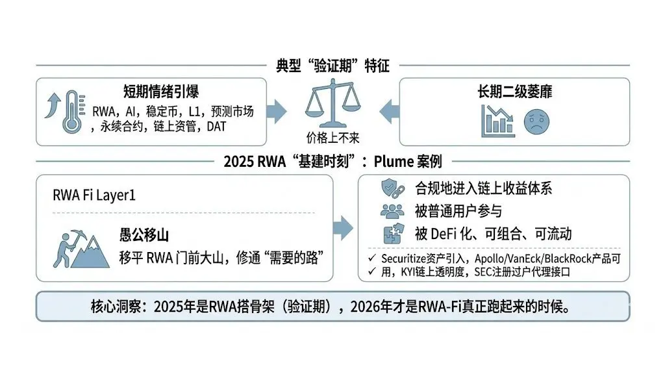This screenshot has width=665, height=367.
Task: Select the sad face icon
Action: [x=536, y=122]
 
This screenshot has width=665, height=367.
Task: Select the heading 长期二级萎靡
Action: [x=514, y=91]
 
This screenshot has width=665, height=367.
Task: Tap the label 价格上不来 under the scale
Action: [x=332, y=138]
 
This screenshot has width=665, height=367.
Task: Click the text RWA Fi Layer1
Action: [x=94, y=196]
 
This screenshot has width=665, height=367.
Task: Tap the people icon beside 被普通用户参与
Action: [x=392, y=210]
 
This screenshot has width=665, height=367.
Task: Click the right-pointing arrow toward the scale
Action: [x=276, y=111]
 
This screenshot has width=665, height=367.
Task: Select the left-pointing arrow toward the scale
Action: [x=388, y=111]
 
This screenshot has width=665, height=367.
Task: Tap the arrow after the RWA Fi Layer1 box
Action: [x=344, y=228]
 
